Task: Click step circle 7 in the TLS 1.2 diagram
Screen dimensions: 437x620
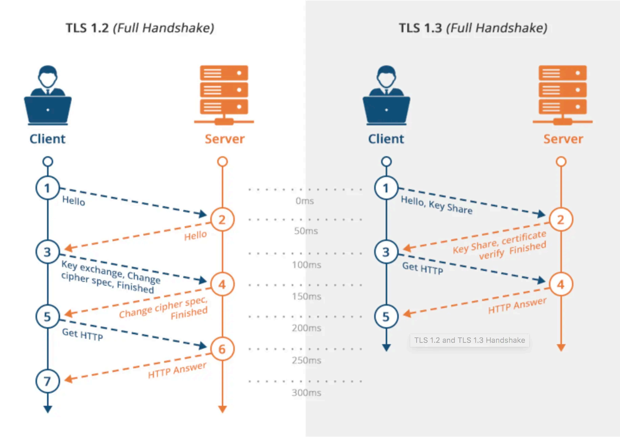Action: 48,381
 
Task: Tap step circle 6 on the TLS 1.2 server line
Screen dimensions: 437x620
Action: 222,349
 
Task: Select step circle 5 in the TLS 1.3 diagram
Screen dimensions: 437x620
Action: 386,316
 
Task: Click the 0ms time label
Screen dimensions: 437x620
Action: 305,201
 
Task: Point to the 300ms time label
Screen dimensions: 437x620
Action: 306,393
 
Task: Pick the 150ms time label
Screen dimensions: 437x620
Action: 306,296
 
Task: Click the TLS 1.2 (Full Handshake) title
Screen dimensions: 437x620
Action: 140,28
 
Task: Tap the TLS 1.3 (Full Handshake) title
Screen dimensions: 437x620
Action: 473,28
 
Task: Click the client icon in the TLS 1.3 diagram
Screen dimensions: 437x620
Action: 386,95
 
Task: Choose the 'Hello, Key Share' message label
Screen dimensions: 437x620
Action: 437,205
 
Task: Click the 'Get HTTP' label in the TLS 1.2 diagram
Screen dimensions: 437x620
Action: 82,334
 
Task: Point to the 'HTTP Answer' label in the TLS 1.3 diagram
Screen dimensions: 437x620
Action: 517,306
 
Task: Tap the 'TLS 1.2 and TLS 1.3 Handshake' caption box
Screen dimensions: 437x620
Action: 469,340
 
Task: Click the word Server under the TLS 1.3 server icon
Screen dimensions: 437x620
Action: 563,139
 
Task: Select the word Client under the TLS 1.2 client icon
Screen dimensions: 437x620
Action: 47,139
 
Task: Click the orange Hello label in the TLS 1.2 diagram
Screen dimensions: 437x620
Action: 195,235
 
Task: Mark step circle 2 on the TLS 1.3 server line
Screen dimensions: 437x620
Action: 561,220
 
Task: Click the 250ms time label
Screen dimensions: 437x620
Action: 306,360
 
